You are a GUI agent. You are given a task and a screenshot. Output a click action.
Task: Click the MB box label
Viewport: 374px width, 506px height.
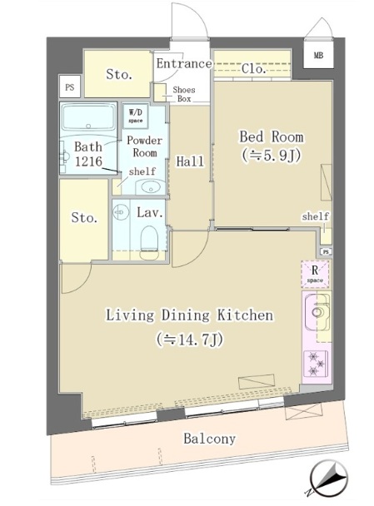318,55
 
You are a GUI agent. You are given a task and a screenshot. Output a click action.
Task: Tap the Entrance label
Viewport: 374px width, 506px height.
184,63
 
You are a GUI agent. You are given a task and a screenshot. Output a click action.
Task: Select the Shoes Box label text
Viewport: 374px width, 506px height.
184,94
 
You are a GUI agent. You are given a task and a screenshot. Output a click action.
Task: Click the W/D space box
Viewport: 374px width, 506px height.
136,116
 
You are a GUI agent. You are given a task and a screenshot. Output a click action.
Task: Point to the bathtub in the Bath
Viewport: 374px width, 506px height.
88,117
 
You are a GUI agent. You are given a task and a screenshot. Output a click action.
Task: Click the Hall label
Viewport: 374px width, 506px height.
190,161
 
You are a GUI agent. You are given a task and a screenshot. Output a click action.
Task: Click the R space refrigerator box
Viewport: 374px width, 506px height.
315,274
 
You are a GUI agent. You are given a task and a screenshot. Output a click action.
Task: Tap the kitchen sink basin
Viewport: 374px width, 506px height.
317,312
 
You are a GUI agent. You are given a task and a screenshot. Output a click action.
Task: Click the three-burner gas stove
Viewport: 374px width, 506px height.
316,364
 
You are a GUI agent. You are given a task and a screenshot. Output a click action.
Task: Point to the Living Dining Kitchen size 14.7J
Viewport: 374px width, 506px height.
190,340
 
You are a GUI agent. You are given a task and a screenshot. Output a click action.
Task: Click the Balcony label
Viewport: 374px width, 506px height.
210,439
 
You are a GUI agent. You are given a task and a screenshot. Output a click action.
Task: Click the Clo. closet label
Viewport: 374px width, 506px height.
254,68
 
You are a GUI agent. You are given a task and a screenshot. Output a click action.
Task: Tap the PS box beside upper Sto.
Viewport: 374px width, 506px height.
70,87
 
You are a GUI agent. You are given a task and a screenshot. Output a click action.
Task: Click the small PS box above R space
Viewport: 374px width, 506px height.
327,251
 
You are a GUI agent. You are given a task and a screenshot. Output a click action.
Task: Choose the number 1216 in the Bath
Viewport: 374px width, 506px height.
88,161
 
